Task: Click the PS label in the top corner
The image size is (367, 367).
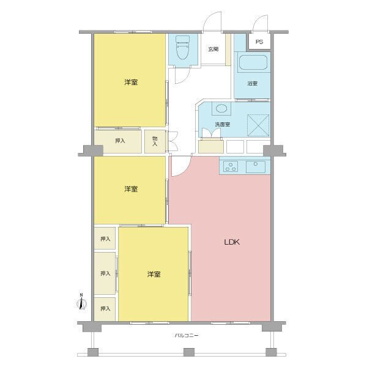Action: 259,42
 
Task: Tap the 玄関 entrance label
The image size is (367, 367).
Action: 213,49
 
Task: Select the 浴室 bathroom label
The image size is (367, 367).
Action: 252,84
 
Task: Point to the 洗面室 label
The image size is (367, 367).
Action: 222,125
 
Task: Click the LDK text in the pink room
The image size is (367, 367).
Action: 231,242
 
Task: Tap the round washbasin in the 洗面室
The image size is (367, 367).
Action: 221,109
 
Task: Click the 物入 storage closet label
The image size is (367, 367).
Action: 155,141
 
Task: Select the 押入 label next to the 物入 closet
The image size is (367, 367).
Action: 120,141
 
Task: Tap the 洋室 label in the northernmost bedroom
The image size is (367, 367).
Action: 130,82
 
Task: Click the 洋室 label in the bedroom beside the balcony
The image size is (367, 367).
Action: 154,275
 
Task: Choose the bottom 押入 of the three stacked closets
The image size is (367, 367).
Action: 105,308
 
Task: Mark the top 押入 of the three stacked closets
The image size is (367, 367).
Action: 105,239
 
